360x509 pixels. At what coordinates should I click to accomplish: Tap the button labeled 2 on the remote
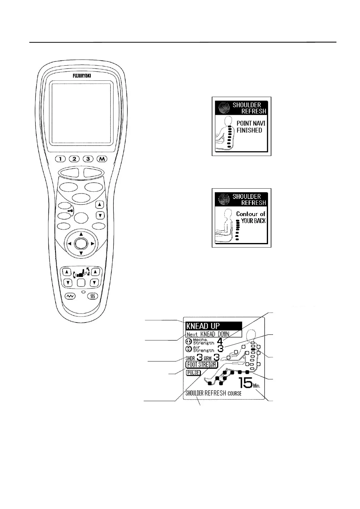(74, 159)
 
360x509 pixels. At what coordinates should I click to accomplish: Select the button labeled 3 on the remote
(88, 159)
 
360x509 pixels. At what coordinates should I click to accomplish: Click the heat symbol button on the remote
(93, 297)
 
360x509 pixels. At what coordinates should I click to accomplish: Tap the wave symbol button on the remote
(70, 297)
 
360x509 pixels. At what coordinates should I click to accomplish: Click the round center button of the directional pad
(81, 243)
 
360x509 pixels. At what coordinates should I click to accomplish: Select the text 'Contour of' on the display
(251, 214)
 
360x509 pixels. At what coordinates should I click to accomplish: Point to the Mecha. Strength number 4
(220, 341)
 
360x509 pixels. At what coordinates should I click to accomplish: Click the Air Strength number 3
(221, 349)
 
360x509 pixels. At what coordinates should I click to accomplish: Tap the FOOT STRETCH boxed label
(201, 365)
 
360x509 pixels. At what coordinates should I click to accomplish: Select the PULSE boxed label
(193, 373)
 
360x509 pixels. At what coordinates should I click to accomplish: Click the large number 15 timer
(245, 383)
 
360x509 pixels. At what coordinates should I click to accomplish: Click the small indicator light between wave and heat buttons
(83, 293)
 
